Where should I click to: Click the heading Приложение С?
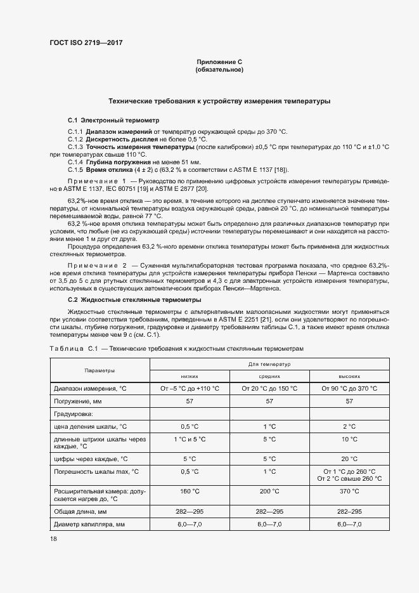click(x=219, y=62)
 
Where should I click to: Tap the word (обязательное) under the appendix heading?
click(x=219, y=70)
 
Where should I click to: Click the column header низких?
click(x=190, y=375)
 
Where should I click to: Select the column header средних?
click(x=269, y=375)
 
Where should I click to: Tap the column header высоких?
click(x=349, y=375)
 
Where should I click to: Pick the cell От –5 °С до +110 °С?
click(x=190, y=388)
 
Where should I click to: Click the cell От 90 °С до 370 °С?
click(x=349, y=388)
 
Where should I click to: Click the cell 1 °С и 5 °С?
click(x=190, y=439)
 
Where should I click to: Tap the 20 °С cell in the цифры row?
click(x=349, y=458)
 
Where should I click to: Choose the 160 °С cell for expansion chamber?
click(x=190, y=492)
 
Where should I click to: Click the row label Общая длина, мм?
click(x=81, y=511)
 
